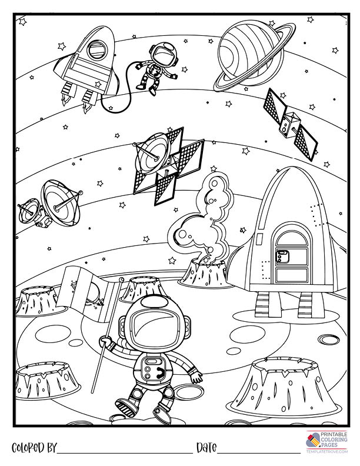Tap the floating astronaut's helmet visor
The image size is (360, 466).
(164, 54)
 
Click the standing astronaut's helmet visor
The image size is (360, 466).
(155, 326)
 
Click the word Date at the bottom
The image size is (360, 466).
(206, 448)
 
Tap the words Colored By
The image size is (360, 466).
(34, 448)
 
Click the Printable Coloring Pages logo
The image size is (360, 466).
(326, 442)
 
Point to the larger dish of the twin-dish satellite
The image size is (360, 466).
(61, 202)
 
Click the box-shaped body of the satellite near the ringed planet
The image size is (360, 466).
(289, 125)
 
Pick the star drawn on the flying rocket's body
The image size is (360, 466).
(98, 84)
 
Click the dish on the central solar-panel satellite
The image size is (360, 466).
(151, 154)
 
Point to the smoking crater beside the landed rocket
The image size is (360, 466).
(206, 272)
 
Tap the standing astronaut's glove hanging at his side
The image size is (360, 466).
(196, 377)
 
